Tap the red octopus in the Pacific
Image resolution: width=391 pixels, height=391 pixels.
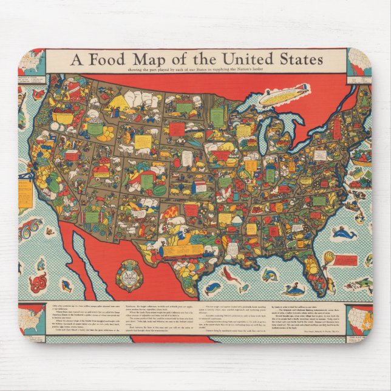(x=38, y=282)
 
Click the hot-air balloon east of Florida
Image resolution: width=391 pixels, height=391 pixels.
(x=328, y=259)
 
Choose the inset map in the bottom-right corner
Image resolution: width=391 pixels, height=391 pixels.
(x=358, y=320)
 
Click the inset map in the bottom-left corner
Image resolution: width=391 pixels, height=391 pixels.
(x=32, y=320)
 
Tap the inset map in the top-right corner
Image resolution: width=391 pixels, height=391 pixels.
(x=358, y=63)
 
